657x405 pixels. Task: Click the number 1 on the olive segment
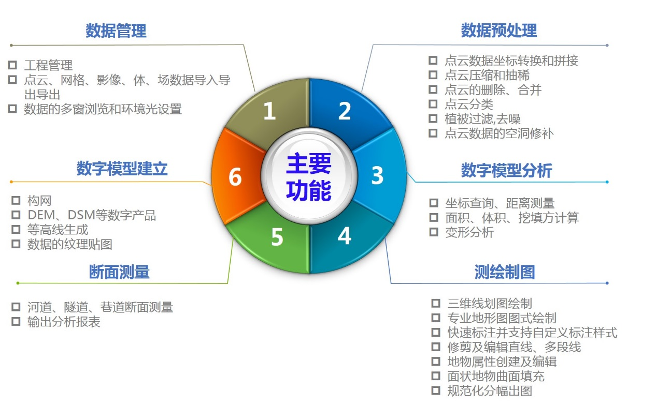(269, 111)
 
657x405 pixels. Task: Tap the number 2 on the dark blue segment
(345, 111)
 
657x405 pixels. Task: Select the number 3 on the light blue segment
(377, 175)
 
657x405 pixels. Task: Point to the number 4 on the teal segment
(345, 236)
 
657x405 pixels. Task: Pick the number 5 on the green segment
(277, 236)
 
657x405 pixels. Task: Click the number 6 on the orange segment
(235, 176)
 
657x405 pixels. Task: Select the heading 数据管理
(116, 31)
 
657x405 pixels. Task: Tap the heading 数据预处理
(499, 30)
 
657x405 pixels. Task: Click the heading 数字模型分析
(507, 170)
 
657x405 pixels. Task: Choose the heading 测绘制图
(505, 272)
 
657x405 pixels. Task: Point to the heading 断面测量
(119, 272)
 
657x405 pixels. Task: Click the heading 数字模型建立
(122, 169)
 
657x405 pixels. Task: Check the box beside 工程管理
(12, 65)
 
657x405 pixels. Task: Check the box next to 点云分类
(433, 103)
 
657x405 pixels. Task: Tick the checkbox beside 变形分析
(434, 232)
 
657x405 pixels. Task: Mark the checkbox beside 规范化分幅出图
(436, 391)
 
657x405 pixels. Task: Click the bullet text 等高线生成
(58, 230)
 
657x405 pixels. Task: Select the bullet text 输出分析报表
(64, 322)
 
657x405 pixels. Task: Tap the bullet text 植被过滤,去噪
(482, 119)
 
